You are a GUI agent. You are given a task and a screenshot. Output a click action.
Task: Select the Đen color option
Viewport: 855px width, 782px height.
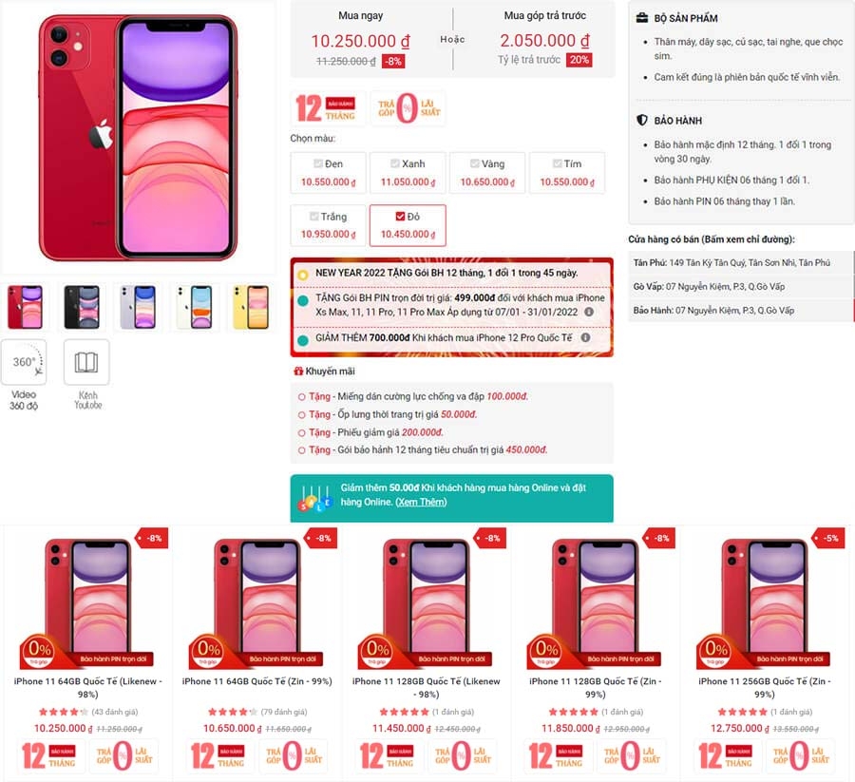[x=328, y=172]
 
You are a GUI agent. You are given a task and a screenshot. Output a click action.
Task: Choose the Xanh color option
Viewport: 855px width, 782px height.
[x=408, y=172]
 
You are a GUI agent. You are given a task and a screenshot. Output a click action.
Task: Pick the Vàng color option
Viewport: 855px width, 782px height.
[x=487, y=172]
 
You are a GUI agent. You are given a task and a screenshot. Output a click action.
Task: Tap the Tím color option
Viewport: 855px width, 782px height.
[x=567, y=172]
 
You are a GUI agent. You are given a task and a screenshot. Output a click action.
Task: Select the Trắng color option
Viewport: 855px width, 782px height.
[x=328, y=225]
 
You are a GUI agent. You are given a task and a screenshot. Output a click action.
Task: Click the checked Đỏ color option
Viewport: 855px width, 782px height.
[x=408, y=225]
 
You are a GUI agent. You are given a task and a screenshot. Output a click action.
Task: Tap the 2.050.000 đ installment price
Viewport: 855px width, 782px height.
[x=544, y=41]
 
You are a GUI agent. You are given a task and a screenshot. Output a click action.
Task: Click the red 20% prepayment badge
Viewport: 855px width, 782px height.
[x=579, y=60]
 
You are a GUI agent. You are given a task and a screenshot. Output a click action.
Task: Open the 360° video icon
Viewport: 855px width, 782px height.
[x=24, y=362]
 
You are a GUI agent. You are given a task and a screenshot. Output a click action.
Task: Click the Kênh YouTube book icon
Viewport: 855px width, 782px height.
[x=86, y=362]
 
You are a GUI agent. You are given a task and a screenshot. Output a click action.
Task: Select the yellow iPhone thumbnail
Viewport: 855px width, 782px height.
[x=252, y=307]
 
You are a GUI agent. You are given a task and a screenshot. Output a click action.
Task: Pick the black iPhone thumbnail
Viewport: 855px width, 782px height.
[x=82, y=307]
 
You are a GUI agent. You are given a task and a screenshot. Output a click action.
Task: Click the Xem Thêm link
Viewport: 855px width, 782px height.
[x=421, y=502]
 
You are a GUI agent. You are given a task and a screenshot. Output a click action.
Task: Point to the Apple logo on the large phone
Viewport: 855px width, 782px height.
[x=101, y=136]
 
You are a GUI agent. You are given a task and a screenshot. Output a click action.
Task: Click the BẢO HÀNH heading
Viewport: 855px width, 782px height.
[x=675, y=121]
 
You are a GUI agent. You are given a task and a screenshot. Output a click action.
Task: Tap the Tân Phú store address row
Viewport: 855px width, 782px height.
[x=741, y=262]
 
